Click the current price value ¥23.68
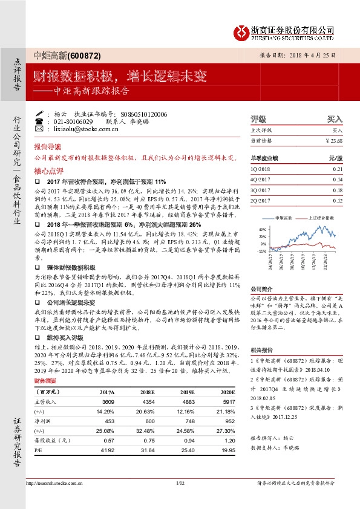[x=333, y=141]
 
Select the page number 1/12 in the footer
[x=180, y=499]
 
